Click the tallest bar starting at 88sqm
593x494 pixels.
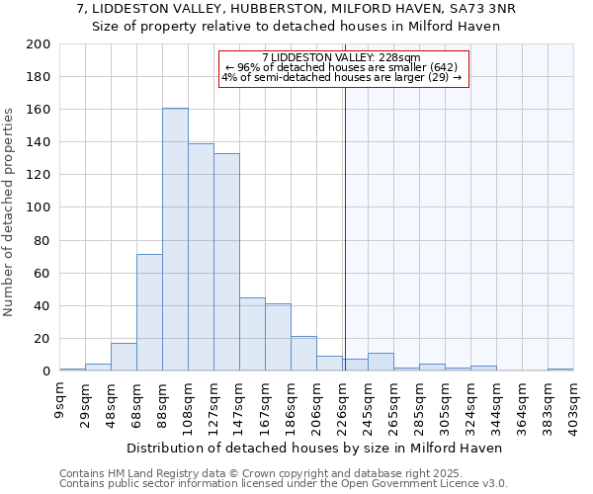click(175, 239)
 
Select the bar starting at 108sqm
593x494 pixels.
click(201, 257)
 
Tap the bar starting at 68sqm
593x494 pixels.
click(149, 312)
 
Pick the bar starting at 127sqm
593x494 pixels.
click(226, 262)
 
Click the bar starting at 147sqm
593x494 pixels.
click(252, 334)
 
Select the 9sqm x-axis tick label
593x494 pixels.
click(60, 396)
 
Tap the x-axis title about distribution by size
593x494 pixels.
click(314, 448)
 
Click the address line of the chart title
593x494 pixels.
click(296, 9)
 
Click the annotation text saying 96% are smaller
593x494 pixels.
click(342, 67)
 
